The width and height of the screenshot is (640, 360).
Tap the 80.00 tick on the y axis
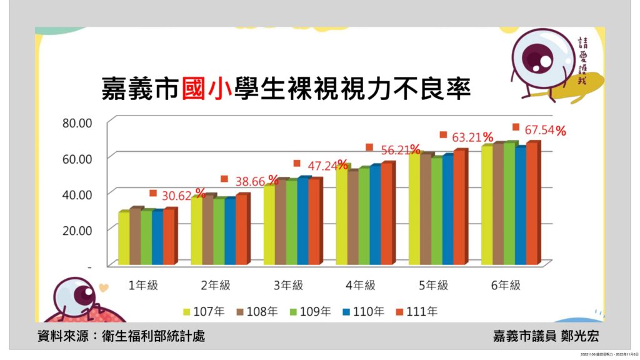[77, 122]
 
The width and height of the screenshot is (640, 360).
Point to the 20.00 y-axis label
[77, 230]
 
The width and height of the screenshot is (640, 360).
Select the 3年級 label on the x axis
[288, 285]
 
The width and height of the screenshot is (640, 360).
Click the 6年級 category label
[506, 285]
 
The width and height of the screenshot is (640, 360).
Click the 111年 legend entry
[419, 311]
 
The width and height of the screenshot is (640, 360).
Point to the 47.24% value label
[325, 166]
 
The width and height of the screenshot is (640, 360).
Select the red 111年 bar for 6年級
[532, 203]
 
